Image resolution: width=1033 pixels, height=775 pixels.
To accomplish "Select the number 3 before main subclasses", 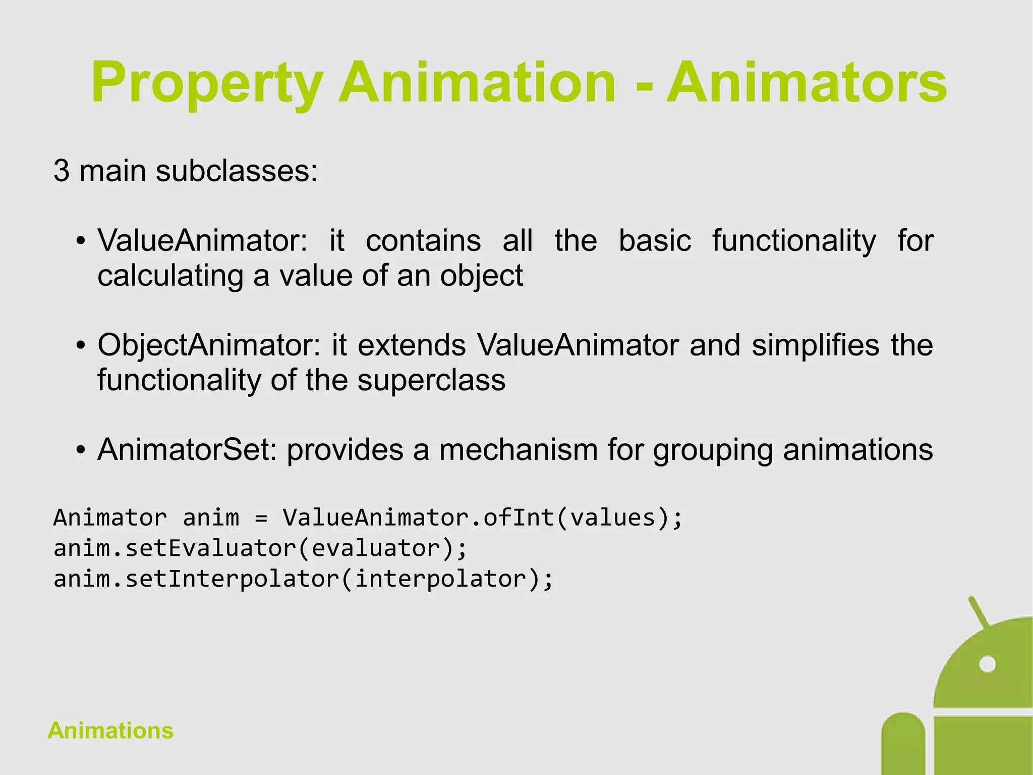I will coord(61,171).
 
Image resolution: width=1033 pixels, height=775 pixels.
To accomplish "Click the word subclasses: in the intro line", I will coord(237,171).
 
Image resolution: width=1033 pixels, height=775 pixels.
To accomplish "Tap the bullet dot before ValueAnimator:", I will coord(80,241).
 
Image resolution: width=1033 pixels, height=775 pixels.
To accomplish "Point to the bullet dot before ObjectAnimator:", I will coord(80,346).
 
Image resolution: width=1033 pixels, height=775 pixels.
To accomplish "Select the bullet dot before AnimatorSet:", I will coord(80,450).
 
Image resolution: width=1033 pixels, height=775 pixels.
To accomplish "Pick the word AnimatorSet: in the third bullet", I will coord(187,449).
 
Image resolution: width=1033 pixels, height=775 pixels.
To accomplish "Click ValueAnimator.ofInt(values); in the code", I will coord(482,518).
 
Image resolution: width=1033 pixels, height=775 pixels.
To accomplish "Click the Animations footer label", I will coord(110,731).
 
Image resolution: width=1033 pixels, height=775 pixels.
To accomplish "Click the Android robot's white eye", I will coord(987,664).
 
